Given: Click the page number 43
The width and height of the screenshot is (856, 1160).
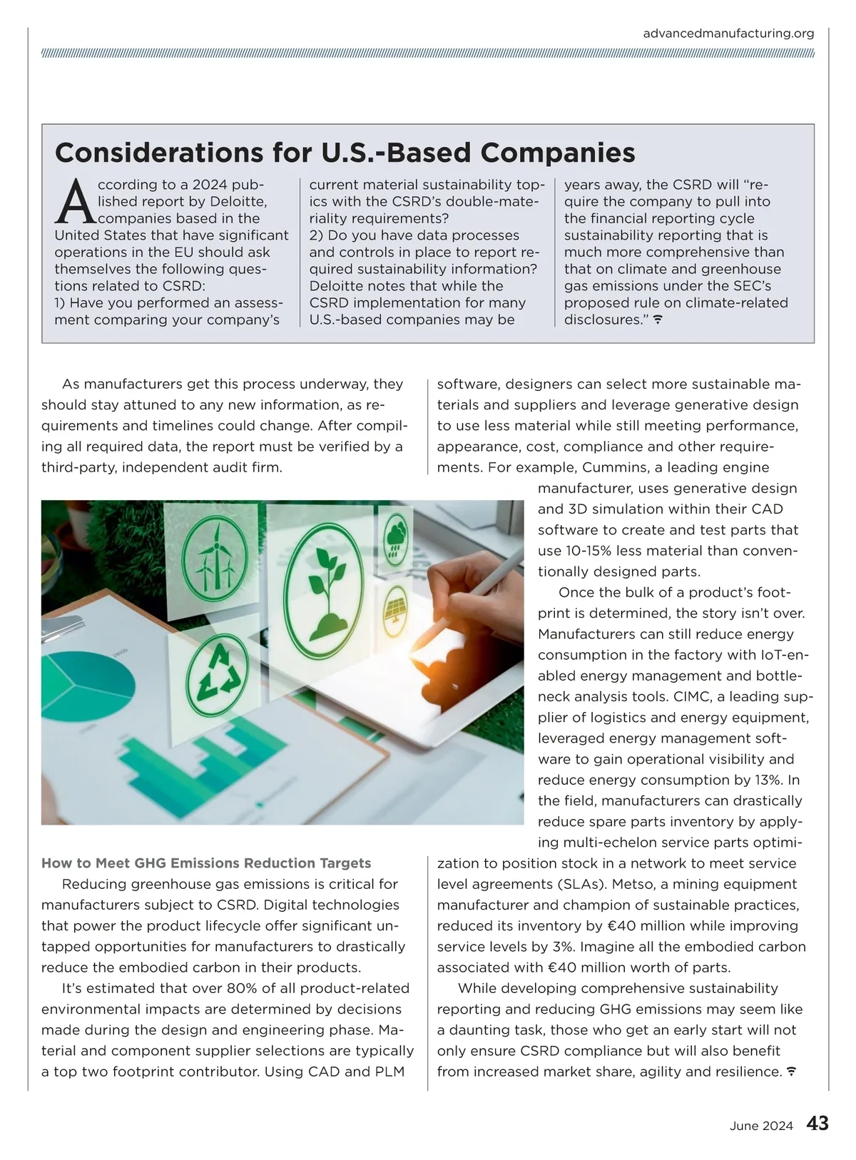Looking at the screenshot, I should point(817,1124).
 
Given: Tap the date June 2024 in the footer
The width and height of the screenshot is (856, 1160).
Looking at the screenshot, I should point(761,1126).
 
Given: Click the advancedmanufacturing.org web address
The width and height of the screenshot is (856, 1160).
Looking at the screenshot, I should point(728,34).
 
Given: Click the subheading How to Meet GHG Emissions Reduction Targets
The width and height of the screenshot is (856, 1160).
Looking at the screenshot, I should point(206,863).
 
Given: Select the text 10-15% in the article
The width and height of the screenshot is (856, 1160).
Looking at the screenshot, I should point(586,551).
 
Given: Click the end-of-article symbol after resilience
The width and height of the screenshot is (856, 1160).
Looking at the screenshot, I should point(790,1072).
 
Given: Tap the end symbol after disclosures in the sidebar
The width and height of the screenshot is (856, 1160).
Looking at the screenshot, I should point(658,320).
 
